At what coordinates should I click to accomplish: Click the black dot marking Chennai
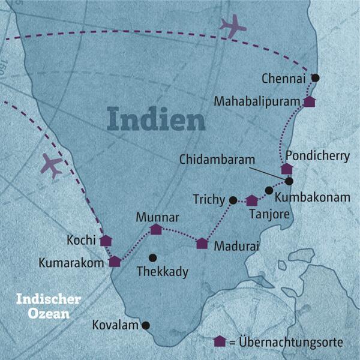[x=316, y=78]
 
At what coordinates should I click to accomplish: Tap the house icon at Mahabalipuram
[x=309, y=101]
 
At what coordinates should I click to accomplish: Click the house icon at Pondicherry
[x=286, y=169]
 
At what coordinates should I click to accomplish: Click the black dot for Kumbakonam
[x=269, y=190]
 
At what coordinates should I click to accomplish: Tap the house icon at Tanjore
[x=252, y=200]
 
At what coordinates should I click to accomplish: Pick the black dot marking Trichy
[x=233, y=200]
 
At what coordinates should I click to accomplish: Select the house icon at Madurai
[x=202, y=243]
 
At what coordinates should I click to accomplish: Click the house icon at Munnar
[x=156, y=229]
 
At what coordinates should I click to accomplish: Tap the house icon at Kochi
[x=106, y=241]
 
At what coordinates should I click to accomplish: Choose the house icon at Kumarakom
[x=115, y=262]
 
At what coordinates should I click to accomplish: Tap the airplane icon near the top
[x=233, y=26]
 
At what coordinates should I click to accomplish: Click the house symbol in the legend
[x=220, y=341]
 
